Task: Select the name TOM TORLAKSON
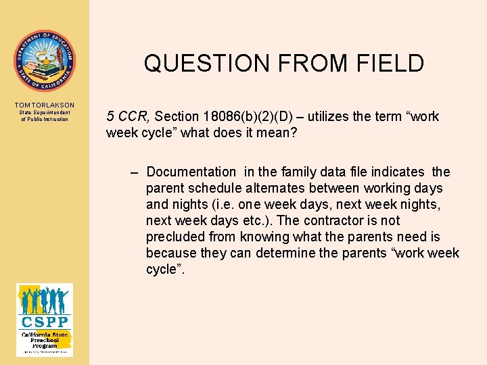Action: [x=44, y=105]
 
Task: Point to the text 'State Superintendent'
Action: [x=44, y=112]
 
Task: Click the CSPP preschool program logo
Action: [x=44, y=319]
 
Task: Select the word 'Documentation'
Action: [x=191, y=172]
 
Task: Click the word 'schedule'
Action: [x=210, y=188]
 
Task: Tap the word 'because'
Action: [x=170, y=253]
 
